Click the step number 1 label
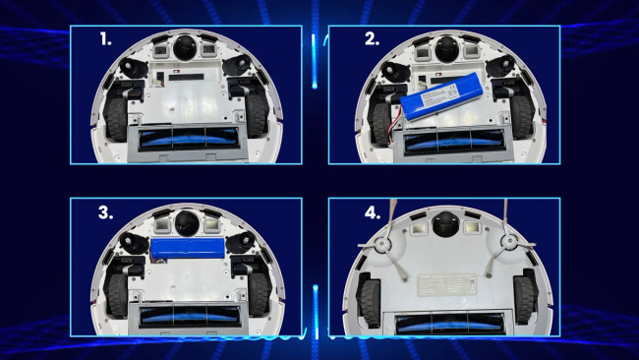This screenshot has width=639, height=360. (105, 39)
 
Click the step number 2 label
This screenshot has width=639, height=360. (372, 39)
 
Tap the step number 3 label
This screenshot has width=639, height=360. (105, 212)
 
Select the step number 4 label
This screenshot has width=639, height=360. (373, 212)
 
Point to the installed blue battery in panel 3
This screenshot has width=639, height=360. (188, 248)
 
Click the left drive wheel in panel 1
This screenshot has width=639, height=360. (117, 119)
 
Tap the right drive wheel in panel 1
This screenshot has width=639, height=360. (256, 116)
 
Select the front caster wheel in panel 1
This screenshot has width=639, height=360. (185, 47)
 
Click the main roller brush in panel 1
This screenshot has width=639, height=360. (189, 139)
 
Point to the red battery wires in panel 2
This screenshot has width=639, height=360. (393, 121)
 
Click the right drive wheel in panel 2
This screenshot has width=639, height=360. (521, 117)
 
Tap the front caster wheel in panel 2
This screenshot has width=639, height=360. (447, 49)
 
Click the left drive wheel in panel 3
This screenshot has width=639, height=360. (118, 295)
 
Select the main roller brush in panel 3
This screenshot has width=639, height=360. (190, 316)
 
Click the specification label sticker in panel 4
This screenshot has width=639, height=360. (446, 284)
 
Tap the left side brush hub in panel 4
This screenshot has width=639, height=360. (383, 244)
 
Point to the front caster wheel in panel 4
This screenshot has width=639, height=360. (445, 224)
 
